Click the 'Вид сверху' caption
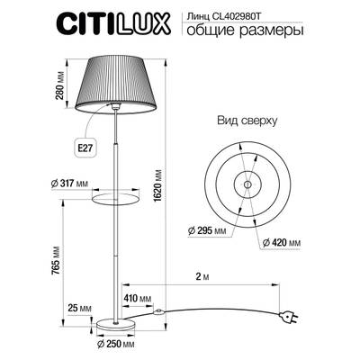(x=245, y=121)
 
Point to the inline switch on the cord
(x=158, y=313)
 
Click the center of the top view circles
(x=245, y=184)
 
